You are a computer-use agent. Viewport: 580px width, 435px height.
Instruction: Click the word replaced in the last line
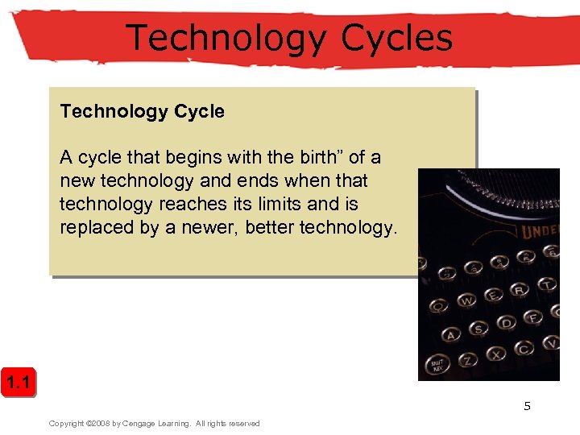97,227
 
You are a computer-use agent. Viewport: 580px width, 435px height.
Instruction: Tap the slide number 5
528,406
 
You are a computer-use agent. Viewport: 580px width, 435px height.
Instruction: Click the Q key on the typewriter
440,306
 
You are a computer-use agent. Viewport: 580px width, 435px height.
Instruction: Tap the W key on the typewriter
467,301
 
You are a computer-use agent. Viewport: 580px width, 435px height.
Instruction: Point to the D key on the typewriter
506,324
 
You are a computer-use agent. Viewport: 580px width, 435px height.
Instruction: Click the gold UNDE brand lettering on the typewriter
541,231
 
